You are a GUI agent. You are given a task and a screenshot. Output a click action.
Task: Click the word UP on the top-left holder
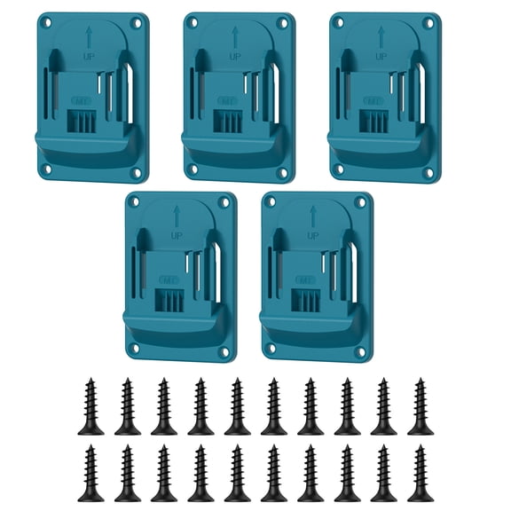[x=90, y=57]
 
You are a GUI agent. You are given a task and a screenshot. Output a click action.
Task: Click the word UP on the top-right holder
[x=380, y=57]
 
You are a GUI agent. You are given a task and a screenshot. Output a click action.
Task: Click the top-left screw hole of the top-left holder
[x=47, y=21]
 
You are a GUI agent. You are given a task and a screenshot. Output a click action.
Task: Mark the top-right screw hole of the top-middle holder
[x=282, y=22]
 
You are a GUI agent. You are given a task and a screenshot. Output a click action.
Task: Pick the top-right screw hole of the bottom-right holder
[x=361, y=202]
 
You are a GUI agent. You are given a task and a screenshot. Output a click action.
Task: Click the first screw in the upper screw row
[x=90, y=407]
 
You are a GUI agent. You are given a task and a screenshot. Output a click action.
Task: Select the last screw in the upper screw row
[x=421, y=407]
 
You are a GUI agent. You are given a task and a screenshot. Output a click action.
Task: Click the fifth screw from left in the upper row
[x=237, y=407]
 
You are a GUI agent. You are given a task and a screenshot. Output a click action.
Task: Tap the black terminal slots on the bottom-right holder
[x=306, y=299]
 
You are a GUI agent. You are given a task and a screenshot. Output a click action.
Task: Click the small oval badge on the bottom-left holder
[x=169, y=279]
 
